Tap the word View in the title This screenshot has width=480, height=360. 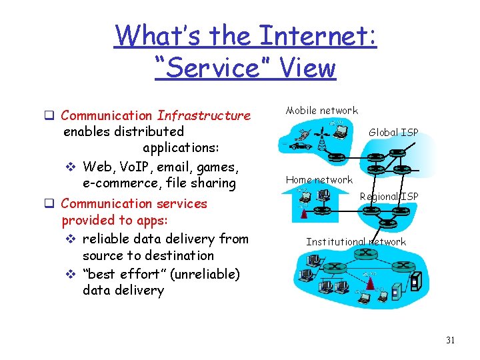308,67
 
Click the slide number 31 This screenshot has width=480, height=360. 450,341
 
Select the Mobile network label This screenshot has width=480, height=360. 322,111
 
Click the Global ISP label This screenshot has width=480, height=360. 393,132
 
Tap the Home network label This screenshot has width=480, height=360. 319,180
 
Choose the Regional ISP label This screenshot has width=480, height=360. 389,196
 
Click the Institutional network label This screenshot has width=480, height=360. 356,242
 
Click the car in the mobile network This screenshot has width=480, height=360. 302,145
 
